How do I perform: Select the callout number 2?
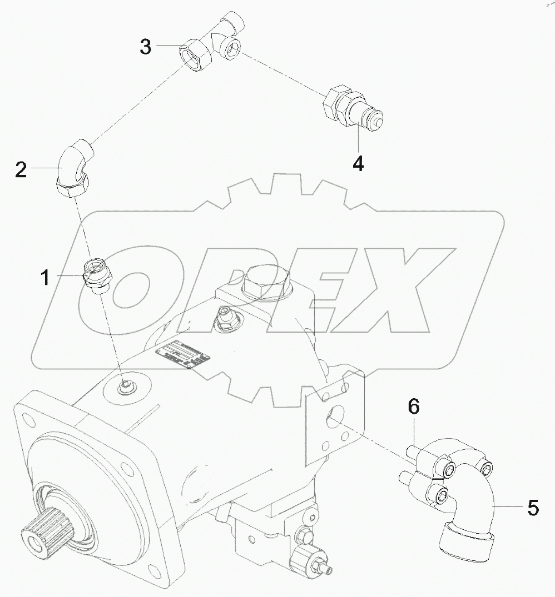(21, 169)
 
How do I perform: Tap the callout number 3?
(145, 47)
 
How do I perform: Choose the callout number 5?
(532, 507)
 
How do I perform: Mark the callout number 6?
(413, 408)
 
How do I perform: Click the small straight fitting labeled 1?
(97, 274)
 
